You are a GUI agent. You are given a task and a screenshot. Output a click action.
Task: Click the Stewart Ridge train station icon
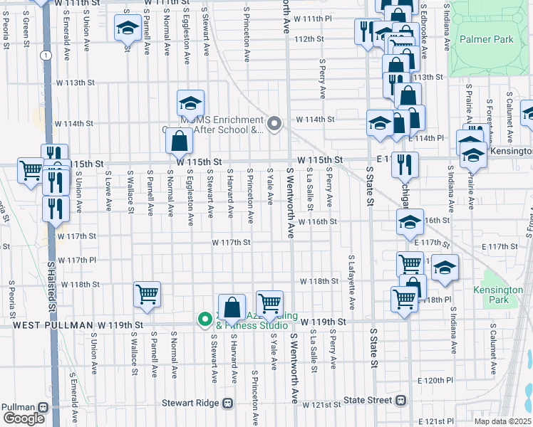pyautogui.click(x=228, y=403)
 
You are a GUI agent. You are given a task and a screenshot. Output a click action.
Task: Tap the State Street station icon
pyautogui.click(x=402, y=401)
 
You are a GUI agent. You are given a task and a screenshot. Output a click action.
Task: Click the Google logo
pyautogui.click(x=24, y=418)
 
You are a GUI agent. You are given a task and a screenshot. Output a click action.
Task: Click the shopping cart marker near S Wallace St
pyautogui.click(x=147, y=293)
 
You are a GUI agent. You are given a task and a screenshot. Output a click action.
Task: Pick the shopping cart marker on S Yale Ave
pyautogui.click(x=269, y=303)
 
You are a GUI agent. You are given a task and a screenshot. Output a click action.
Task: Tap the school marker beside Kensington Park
pyautogui.click(x=445, y=268)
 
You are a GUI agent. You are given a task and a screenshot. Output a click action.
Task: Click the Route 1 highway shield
pyautogui.click(x=46, y=55)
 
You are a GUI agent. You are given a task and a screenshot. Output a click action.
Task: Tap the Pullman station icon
pyautogui.click(x=44, y=407)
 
